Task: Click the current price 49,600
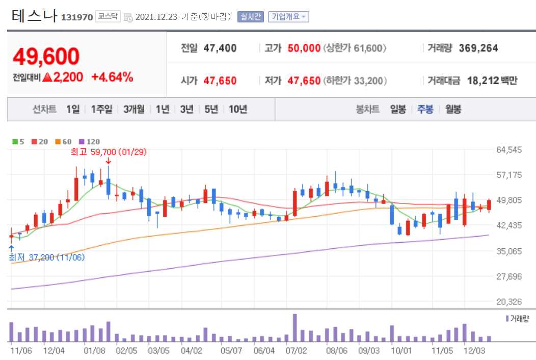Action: tap(46, 57)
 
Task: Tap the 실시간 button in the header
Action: tap(251, 17)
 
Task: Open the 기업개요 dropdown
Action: tap(288, 17)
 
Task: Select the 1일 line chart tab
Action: tap(73, 109)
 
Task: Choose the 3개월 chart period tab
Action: tap(134, 109)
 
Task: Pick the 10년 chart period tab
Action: tap(238, 109)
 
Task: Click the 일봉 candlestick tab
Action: tap(398, 109)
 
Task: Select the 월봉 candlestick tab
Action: tap(453, 109)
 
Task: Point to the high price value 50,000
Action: tap(304, 48)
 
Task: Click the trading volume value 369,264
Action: tap(478, 48)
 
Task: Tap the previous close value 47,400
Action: tap(220, 48)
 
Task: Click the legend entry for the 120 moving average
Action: tap(90, 142)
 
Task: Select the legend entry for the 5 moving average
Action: tap(18, 142)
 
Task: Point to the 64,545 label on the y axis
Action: tap(509, 150)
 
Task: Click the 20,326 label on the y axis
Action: tap(509, 302)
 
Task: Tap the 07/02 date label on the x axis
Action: tap(296, 351)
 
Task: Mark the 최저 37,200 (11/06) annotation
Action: tap(47, 258)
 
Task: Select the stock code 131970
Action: tap(77, 17)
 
